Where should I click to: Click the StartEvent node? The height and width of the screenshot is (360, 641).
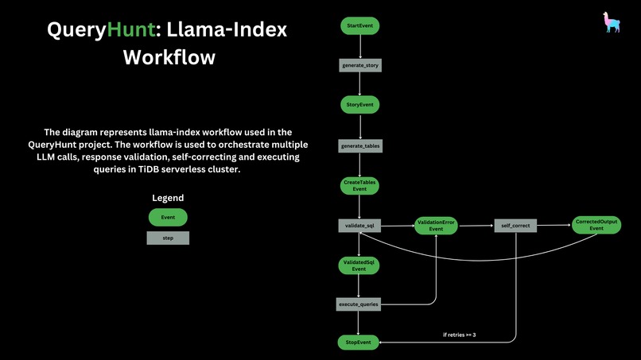[x=360, y=26]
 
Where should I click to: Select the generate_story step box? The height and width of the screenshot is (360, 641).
[x=360, y=65]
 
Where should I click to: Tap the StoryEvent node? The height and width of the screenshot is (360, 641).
[x=360, y=105]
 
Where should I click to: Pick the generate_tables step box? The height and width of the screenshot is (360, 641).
[x=360, y=146]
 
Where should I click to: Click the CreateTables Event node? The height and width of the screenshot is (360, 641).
[x=359, y=186]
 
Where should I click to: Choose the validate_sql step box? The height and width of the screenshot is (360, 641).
[x=359, y=226]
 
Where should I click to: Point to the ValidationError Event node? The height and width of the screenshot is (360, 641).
[x=436, y=226]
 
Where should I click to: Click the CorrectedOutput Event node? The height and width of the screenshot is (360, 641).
[x=596, y=226]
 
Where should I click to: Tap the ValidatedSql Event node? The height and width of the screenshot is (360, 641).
[x=359, y=265]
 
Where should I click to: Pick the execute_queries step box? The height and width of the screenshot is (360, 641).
[x=359, y=304]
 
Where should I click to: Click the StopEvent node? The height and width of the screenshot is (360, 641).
[x=359, y=343]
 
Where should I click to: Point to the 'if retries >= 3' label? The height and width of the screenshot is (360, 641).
[x=459, y=335]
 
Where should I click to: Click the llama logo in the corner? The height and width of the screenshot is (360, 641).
[x=612, y=22]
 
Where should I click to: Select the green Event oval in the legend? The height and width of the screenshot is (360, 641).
[x=168, y=217]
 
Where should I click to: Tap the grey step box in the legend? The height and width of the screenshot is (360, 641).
[x=168, y=238]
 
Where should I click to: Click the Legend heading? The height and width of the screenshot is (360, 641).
[x=168, y=198]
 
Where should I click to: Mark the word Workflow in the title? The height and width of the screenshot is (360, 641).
[x=169, y=58]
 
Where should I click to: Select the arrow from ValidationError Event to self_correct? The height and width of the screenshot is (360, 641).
[x=475, y=226]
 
